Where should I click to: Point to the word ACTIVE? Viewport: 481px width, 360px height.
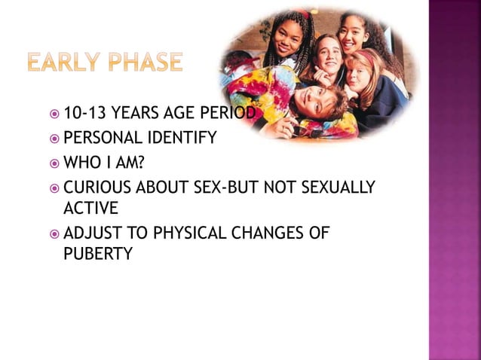90,207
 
